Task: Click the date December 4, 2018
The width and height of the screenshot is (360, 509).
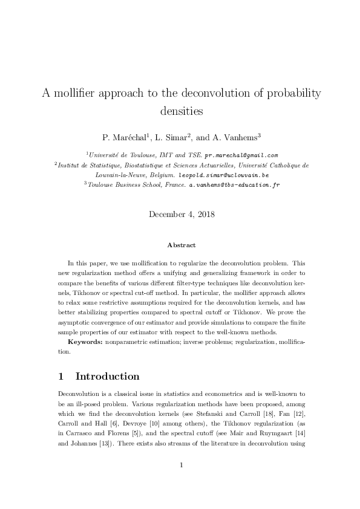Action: (180, 214)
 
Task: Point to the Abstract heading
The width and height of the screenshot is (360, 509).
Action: (181, 245)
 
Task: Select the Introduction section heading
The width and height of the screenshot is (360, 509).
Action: (107, 377)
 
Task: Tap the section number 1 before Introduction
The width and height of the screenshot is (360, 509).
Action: (61, 377)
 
